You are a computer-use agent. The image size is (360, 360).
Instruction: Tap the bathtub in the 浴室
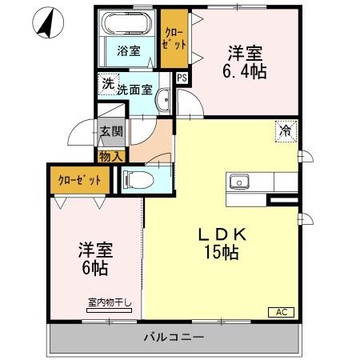124,27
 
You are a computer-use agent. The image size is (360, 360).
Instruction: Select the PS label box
182,78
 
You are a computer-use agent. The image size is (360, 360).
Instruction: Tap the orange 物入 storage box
110,155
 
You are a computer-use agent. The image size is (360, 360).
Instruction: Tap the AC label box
281,312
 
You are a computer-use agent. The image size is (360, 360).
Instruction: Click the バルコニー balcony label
174,338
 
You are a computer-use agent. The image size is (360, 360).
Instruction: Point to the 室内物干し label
113,302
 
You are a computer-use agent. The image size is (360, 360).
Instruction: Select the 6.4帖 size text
246,71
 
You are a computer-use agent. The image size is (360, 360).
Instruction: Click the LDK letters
222,234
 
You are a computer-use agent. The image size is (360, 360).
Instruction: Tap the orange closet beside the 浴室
173,39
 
